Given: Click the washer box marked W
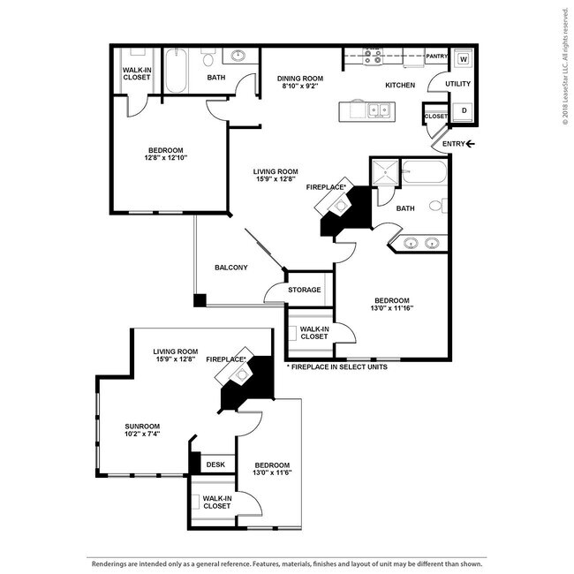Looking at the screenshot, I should coord(464,59).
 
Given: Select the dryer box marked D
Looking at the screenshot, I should coord(464,110).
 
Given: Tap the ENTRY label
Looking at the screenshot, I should coord(453,144).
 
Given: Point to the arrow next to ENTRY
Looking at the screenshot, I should coord(471,144).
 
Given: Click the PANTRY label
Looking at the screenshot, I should coord(436,57).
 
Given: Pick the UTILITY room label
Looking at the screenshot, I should coord(457,84).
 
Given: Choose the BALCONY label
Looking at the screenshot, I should coord(230,268).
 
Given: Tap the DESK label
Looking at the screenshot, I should coord(215,464).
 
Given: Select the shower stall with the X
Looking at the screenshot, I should coord(385,173).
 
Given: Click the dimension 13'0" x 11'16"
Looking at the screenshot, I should coord(389,308).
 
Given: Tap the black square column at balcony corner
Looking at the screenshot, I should coord(200,300).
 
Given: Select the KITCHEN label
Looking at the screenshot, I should coord(399,86).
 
